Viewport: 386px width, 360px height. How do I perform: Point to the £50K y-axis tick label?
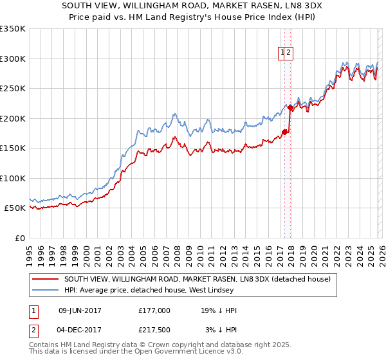(14, 208)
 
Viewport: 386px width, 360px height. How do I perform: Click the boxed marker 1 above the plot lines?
(282, 53)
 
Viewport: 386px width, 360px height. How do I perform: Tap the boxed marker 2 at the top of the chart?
(289, 53)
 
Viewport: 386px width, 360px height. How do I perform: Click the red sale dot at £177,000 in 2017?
(284, 132)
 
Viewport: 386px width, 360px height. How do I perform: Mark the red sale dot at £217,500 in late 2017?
(289, 108)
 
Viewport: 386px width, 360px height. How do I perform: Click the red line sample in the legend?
(45, 279)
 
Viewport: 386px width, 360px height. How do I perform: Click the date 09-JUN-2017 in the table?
(80, 310)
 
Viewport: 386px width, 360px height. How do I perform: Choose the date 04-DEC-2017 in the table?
(80, 330)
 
